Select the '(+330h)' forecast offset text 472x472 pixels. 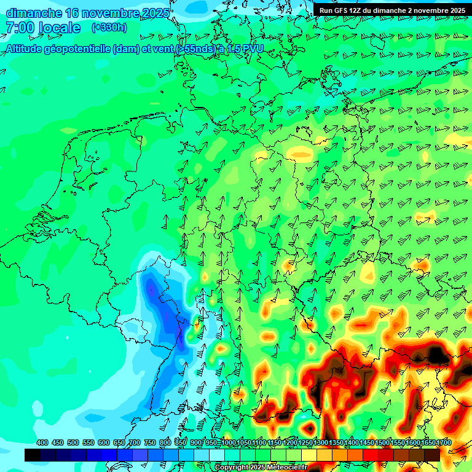pyautogui.click(x=109, y=28)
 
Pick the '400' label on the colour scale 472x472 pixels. pyautogui.click(x=42, y=442)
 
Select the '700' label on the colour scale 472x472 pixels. pyautogui.click(x=135, y=442)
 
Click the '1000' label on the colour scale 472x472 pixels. pyautogui.click(x=229, y=442)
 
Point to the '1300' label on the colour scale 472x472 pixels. pyautogui.click(x=321, y=442)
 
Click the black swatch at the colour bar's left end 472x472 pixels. pyautogui.click(x=33, y=455)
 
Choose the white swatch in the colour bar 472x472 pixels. pyautogui.click(x=217, y=455)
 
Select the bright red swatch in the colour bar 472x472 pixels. pyautogui.click(x=371, y=455)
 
